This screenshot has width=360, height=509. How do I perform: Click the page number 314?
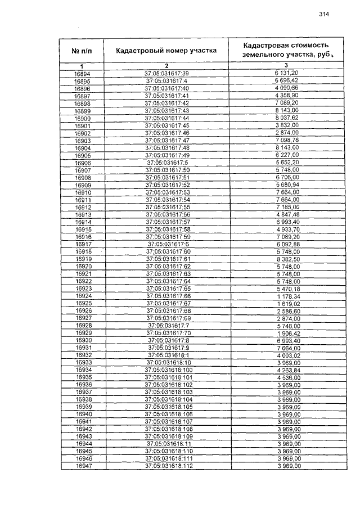pos(322,15)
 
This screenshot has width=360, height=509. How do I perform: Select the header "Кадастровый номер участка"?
pos(166,51)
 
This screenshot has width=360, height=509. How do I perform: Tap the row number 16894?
pos(82,73)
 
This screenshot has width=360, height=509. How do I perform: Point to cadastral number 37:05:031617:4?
pos(166,80)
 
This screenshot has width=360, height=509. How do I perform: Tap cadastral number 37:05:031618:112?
pos(169,466)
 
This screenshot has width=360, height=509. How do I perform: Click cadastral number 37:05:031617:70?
pos(169,333)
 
